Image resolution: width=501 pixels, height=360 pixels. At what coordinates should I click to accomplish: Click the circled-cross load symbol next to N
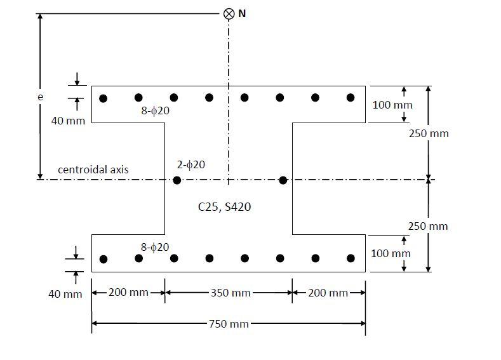pos(229,14)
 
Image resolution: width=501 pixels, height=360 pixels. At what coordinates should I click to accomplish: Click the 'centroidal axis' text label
pos(93,170)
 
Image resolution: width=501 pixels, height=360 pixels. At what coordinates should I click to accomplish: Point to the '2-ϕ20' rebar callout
pos(191,164)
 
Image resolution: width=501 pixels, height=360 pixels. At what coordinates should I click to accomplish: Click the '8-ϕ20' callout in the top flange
pos(156,110)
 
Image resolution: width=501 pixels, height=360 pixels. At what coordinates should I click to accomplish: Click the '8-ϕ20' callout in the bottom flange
pos(156,247)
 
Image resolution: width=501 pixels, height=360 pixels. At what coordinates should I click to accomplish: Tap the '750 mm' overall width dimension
pos(229,324)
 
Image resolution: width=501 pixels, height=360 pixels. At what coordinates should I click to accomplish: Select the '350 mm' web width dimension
pos(229,293)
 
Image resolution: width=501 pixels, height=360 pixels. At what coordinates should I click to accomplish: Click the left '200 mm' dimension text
pos(129,293)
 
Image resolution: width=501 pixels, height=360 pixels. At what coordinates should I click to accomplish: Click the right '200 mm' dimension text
pos(328,293)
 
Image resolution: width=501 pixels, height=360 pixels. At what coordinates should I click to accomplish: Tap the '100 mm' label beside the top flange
pos(392,105)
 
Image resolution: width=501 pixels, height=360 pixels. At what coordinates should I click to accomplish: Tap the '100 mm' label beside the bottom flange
pos(391,253)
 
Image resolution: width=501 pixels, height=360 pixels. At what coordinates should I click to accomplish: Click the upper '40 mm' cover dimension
pos(67,121)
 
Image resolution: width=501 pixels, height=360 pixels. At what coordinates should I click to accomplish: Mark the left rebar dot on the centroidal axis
pos(177,180)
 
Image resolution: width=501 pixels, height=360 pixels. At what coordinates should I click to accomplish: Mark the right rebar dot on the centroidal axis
pos(283,180)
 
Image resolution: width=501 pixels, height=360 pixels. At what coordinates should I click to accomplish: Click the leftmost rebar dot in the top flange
pos(104,98)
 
